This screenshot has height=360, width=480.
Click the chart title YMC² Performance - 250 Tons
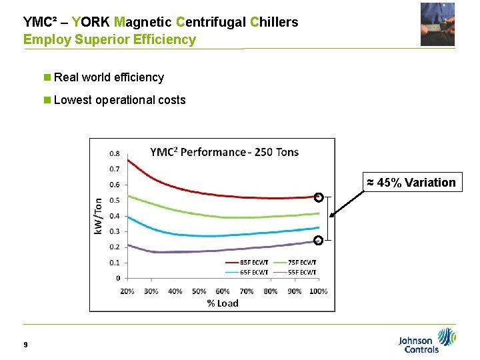[x=224, y=152]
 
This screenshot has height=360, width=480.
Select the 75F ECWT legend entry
[x=301, y=263]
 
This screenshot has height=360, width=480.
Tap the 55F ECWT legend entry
[x=301, y=271]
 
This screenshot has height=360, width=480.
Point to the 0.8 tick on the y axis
[x=115, y=153]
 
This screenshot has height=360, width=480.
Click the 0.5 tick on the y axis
[x=115, y=200]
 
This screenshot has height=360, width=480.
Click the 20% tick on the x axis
[x=127, y=291]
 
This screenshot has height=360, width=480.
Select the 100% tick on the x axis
[x=319, y=291]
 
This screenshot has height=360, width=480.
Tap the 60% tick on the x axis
[x=223, y=291]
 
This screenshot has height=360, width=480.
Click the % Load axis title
[x=222, y=303]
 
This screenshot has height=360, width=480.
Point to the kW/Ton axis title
[x=98, y=215]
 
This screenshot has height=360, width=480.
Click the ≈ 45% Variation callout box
[x=411, y=182]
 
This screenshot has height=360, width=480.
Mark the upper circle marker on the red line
[x=319, y=197]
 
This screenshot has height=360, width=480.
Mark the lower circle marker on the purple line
[x=319, y=240]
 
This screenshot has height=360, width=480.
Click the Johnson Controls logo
[x=427, y=340]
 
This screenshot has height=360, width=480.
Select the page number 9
[x=25, y=345]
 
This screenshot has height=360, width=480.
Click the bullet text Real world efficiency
[x=108, y=77]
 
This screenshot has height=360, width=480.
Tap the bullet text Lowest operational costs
[x=119, y=100]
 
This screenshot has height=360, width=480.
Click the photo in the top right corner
[x=437, y=24]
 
